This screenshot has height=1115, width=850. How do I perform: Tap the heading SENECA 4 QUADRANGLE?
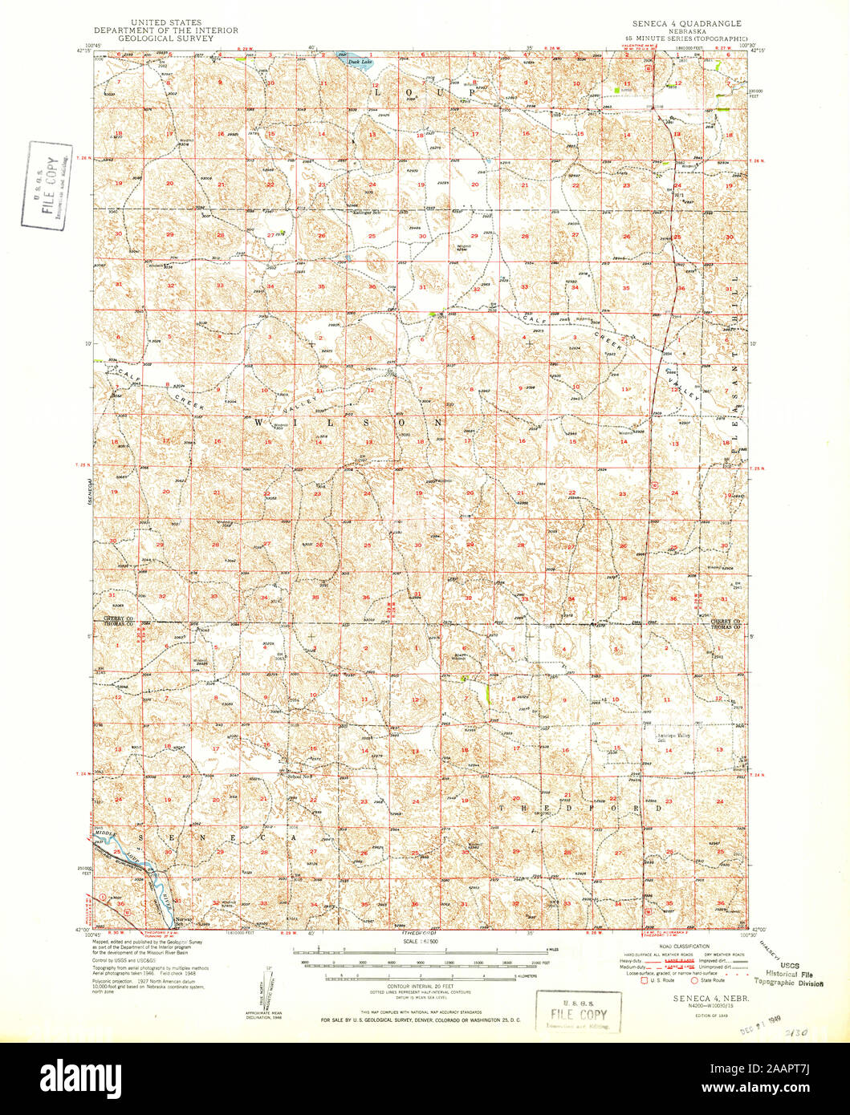[686, 24]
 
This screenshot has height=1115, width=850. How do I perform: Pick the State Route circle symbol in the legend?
[694, 979]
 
